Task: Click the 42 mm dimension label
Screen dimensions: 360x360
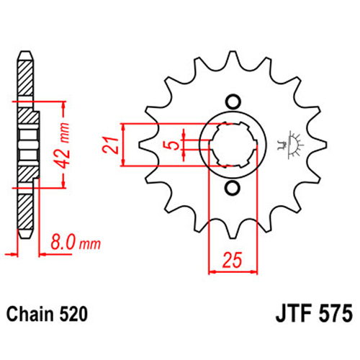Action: [x=62, y=145]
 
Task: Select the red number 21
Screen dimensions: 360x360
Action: [x=110, y=145]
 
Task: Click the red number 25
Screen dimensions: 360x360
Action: [x=232, y=260]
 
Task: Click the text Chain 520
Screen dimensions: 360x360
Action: [x=47, y=314]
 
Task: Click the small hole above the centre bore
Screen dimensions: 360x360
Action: [x=232, y=102]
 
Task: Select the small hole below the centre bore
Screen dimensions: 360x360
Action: [x=232, y=188]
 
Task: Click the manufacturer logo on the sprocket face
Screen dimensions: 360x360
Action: [x=289, y=145]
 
